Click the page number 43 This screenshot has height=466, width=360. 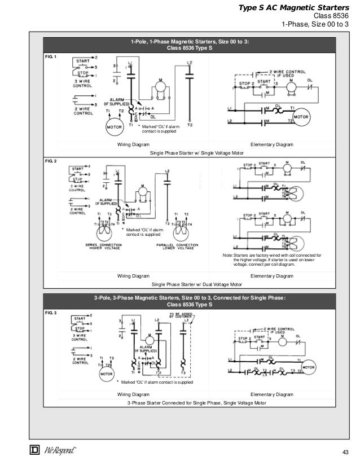[x=346, y=452]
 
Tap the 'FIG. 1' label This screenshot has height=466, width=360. [x=51, y=57]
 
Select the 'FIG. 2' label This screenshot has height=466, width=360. [x=51, y=161]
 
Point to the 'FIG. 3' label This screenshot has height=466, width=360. [x=51, y=312]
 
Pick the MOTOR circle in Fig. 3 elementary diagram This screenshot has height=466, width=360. [x=308, y=367]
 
